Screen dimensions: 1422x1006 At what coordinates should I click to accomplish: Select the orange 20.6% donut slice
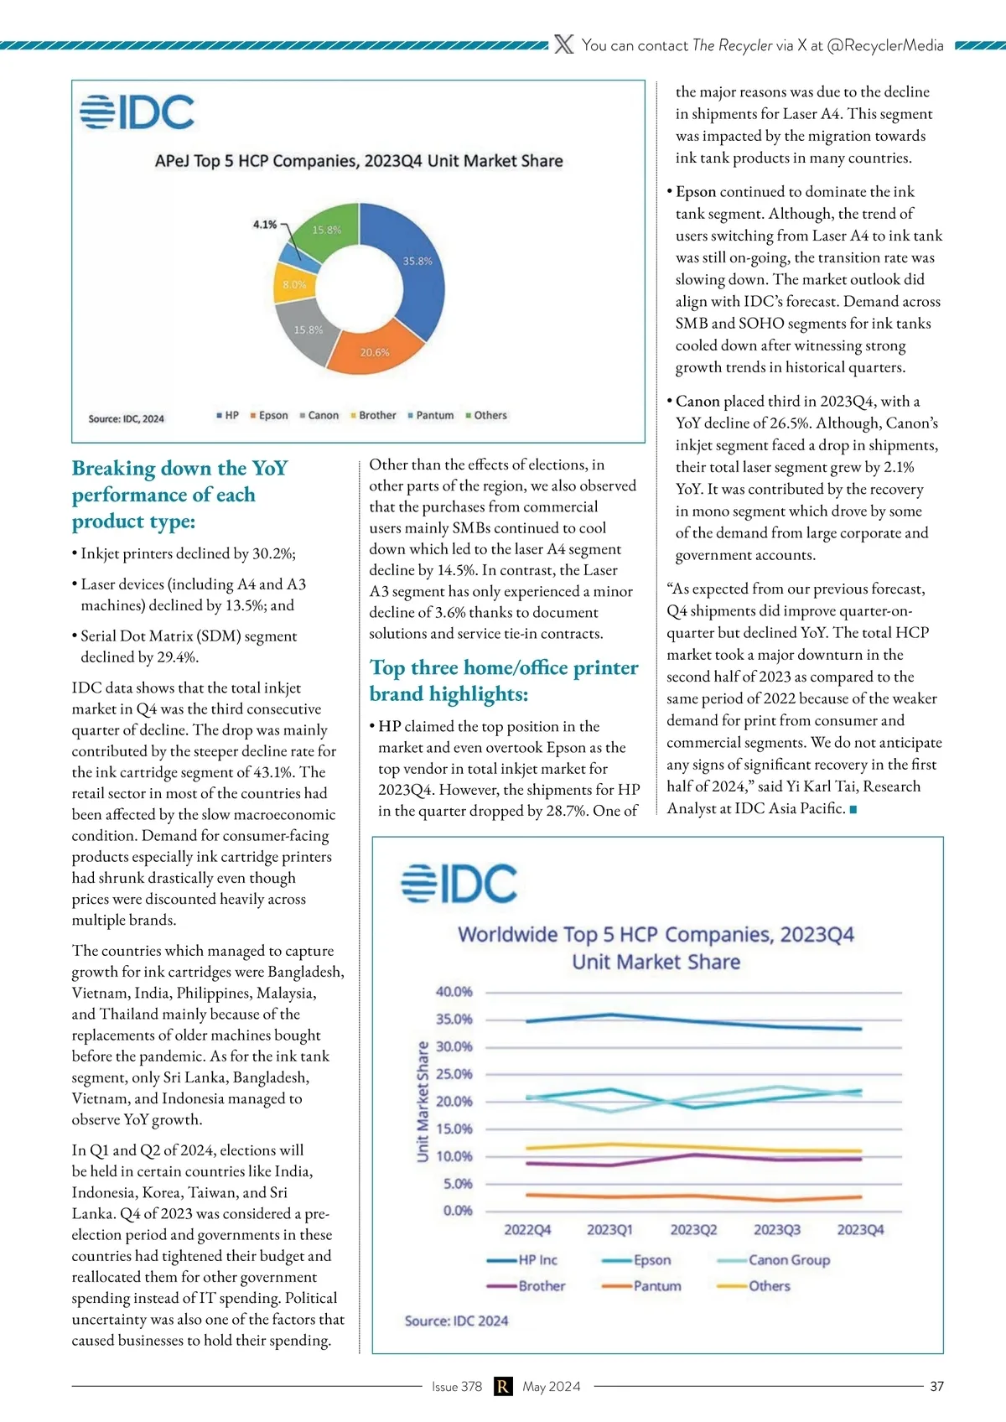point(374,351)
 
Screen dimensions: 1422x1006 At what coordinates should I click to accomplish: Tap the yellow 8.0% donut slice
point(293,285)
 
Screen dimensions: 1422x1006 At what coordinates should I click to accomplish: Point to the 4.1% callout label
point(265,225)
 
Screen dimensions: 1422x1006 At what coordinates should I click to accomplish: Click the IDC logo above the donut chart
point(137,112)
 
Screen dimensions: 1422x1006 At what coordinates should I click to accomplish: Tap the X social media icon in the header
point(564,45)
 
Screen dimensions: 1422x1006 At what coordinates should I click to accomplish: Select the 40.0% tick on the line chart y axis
point(454,992)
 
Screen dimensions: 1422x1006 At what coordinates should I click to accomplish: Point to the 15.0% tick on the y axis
point(454,1129)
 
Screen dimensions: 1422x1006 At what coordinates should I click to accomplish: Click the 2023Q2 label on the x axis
point(693,1230)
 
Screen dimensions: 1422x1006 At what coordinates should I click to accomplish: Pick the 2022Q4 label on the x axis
point(527,1230)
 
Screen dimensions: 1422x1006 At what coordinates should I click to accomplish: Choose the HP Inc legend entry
point(537,1260)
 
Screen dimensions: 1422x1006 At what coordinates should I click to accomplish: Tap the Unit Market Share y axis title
point(423,1102)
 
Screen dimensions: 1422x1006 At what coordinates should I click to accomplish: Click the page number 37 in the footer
point(936,1387)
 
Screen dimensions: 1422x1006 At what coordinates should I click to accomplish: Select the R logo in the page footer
point(502,1387)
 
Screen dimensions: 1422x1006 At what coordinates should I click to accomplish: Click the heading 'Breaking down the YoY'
point(179,468)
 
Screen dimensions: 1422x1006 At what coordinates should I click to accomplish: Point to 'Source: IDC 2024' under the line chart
point(456,1321)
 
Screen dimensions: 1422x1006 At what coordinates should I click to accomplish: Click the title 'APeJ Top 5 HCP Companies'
point(359,161)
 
